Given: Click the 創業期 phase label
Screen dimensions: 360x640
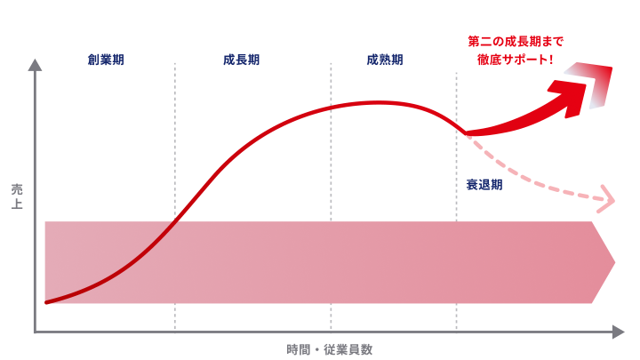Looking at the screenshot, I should [106, 60].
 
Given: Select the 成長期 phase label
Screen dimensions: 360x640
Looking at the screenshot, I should [241, 60].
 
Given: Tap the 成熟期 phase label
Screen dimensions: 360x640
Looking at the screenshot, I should [384, 60].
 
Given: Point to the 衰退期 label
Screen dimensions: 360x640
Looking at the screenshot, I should [484, 185].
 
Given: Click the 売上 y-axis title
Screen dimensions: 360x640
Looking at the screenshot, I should [17, 196].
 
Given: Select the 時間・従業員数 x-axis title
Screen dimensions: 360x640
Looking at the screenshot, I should [329, 349].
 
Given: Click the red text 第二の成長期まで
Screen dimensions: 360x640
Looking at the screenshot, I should [516, 41].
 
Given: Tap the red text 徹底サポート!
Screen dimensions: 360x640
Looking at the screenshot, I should [516, 60].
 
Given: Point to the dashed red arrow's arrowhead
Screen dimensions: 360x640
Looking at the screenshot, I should [608, 199].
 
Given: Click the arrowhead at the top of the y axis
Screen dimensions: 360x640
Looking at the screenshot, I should [35, 64].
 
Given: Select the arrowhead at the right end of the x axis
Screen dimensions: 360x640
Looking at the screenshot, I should [619, 332].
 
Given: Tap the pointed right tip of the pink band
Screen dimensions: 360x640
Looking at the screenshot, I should [614, 262].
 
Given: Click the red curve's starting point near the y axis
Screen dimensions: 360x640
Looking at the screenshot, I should [45, 303].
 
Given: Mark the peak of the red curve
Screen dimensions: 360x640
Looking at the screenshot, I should [378, 102].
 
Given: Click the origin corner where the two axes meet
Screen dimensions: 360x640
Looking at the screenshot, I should [35, 332].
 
